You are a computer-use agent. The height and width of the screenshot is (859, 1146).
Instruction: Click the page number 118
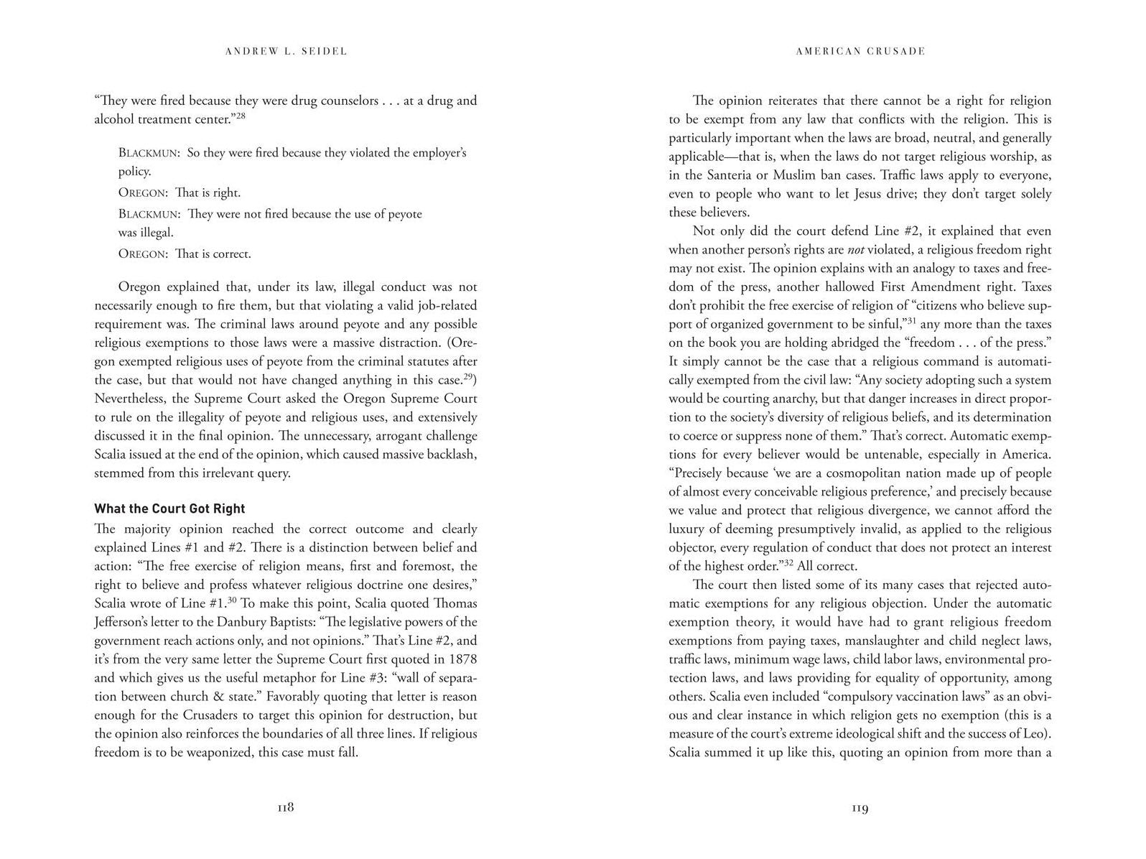pyautogui.click(x=286, y=807)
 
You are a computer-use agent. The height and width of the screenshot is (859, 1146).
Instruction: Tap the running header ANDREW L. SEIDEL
pyautogui.click(x=286, y=51)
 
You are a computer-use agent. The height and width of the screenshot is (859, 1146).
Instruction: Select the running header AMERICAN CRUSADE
pyautogui.click(x=860, y=51)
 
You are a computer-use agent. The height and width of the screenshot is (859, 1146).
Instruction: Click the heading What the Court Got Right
pyautogui.click(x=169, y=509)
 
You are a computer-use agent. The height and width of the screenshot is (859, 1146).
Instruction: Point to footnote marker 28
pyautogui.click(x=241, y=115)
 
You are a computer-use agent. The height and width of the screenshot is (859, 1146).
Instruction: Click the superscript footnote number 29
pyautogui.click(x=470, y=376)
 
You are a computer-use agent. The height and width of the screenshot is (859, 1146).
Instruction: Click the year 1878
pyautogui.click(x=461, y=659)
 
